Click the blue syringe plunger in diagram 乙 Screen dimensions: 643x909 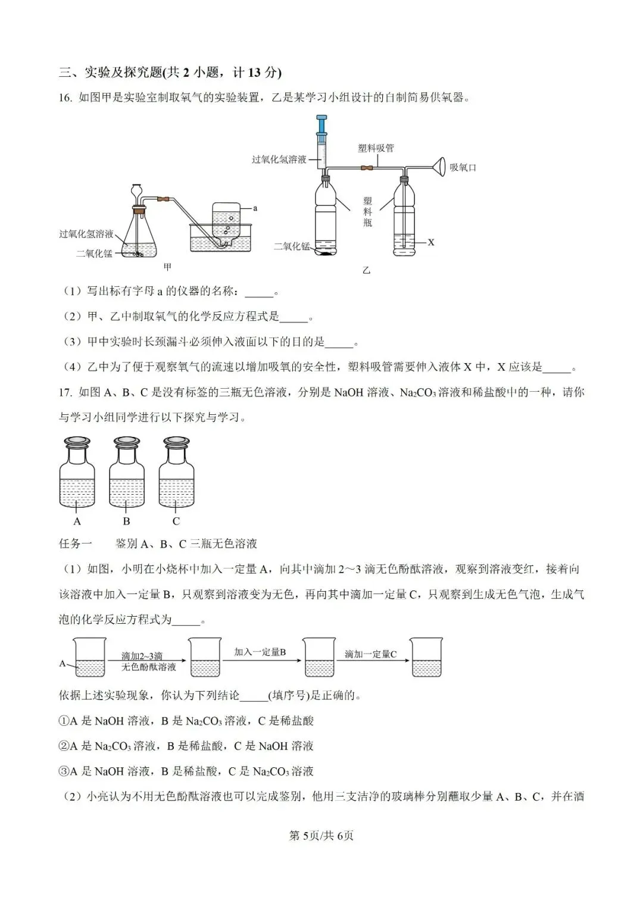[322, 126]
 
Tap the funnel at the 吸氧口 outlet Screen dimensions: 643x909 [439, 167]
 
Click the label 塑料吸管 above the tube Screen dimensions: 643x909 [376, 148]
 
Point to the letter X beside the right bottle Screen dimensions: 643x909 [431, 242]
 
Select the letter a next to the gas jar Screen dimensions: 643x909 [255, 208]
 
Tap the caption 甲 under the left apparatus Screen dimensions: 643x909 [167, 268]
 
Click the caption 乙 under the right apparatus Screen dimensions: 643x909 [366, 270]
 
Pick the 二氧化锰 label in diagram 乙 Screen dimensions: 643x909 [292, 246]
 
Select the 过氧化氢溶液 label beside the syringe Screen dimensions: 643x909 [279, 160]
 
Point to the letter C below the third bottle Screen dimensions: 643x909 [176, 521]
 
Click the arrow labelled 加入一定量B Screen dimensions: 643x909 [260, 659]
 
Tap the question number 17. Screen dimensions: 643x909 [65, 392]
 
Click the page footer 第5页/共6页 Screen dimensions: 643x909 [321, 836]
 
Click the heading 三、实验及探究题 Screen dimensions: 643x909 [170, 73]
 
